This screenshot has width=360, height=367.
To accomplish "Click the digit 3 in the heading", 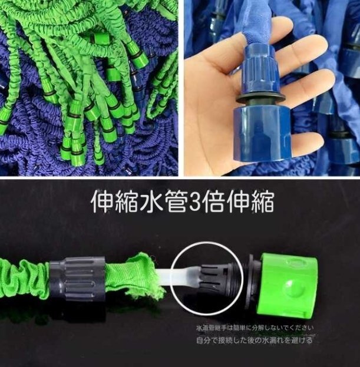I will [x=194, y=202].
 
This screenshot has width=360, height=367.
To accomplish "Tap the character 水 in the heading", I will [x=139, y=202].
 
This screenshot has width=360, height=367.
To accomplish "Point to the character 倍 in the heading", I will [x=217, y=202].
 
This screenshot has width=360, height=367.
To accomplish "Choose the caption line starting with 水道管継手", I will [x=255, y=328].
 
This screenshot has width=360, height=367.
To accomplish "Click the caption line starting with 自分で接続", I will [x=255, y=340].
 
